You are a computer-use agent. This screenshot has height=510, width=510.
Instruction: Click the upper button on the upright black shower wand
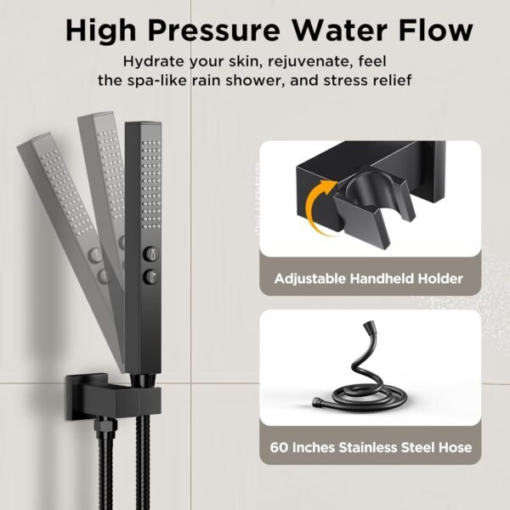150,252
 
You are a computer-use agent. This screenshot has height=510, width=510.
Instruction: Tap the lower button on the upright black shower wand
150,274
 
